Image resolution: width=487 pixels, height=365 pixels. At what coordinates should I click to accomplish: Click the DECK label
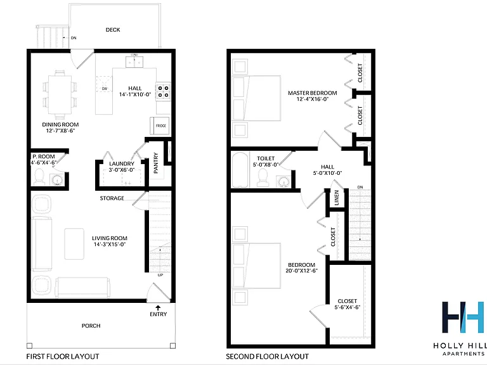(113, 30)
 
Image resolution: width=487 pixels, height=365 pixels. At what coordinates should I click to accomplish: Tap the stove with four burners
(163, 91)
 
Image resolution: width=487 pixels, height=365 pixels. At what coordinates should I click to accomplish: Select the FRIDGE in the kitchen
(160, 125)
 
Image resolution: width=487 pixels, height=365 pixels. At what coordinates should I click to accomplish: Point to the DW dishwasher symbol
(105, 84)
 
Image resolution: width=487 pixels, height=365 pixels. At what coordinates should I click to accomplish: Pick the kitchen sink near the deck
(134, 61)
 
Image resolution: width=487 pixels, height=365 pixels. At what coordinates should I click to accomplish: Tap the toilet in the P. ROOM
(39, 177)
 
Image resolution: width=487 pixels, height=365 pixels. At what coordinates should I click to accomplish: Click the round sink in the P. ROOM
(57, 180)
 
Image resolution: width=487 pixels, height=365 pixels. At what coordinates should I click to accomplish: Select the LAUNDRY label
(122, 163)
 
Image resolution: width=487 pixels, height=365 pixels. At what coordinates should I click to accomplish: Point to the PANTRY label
(156, 163)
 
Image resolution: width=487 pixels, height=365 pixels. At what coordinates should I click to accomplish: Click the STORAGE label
(112, 198)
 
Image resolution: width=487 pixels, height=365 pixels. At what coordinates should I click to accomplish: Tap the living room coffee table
(74, 243)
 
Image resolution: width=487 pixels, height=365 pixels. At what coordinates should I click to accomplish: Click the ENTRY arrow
(158, 308)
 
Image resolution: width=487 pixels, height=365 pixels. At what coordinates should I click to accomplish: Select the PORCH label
(91, 326)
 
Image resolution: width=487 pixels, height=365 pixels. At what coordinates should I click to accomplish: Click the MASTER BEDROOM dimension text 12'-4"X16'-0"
(313, 99)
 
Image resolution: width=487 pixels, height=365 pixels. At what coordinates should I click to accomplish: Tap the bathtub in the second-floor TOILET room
(240, 169)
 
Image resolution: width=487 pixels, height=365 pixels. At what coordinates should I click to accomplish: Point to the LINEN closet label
(337, 198)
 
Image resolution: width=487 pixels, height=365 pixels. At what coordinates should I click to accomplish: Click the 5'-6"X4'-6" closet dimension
(347, 307)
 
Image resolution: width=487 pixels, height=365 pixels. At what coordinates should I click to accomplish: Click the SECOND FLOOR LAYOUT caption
(268, 356)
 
